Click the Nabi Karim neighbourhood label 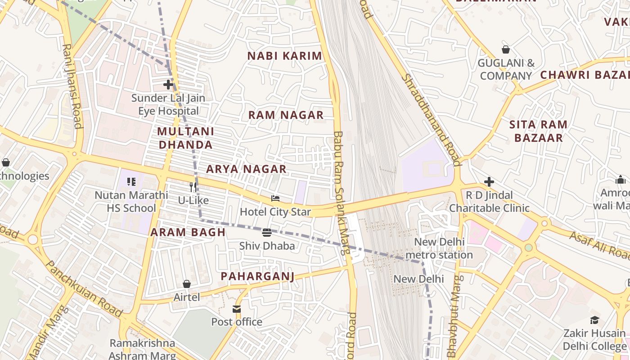point(285,56)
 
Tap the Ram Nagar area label point(286,115)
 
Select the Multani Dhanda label point(185,138)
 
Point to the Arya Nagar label point(246,169)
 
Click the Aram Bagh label point(188,232)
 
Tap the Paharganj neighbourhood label point(257,276)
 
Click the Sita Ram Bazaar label point(538,131)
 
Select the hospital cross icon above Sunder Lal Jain point(168,84)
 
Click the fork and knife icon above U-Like point(193,187)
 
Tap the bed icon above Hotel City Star point(275,198)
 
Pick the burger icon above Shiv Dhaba point(267,233)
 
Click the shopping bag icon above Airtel point(187,284)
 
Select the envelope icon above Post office point(237,309)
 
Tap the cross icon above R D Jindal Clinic point(489,182)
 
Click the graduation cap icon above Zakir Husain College point(595,320)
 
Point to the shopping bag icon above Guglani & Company point(506,49)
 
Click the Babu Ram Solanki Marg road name point(341,193)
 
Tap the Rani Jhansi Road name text point(72,85)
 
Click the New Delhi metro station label point(439,248)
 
